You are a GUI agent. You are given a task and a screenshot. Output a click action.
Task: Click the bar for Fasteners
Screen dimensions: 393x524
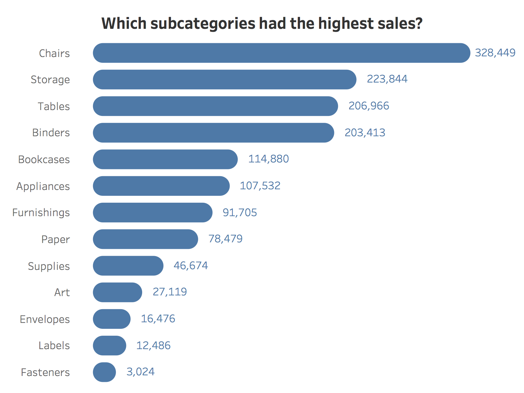click(x=104, y=372)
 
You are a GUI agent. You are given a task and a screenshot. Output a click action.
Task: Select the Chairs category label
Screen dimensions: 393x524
click(x=54, y=53)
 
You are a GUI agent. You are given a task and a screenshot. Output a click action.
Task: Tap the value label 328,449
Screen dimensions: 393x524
click(x=495, y=53)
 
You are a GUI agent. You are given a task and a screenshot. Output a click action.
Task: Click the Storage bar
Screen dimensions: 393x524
click(x=225, y=80)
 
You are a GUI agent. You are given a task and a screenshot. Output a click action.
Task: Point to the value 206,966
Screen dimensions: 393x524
click(x=368, y=106)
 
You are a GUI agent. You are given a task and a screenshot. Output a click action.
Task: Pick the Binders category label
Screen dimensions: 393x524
click(x=51, y=133)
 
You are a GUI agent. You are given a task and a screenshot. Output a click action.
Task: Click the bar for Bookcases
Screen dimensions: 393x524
click(x=165, y=159)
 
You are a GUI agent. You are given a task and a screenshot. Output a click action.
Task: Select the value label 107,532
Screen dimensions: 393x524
click(x=260, y=186)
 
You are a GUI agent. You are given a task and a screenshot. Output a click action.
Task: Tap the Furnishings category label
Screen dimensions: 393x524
click(x=41, y=213)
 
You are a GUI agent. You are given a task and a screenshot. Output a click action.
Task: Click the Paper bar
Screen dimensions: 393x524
click(x=145, y=239)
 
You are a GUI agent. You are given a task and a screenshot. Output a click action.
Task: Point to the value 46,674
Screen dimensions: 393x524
click(x=191, y=266)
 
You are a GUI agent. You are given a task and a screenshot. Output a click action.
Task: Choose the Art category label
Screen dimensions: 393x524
click(x=62, y=292)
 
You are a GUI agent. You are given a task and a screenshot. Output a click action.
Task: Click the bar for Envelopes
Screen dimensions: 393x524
click(x=112, y=319)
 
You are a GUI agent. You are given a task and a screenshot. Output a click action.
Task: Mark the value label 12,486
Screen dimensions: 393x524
click(x=153, y=346)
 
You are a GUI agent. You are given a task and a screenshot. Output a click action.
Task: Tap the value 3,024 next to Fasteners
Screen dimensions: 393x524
click(x=140, y=372)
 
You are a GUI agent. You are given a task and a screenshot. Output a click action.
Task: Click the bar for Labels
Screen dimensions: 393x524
click(x=109, y=346)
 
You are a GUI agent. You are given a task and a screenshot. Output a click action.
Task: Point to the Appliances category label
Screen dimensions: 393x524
click(x=43, y=186)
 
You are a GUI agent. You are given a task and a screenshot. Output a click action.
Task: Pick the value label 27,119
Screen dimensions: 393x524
click(x=170, y=292)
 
